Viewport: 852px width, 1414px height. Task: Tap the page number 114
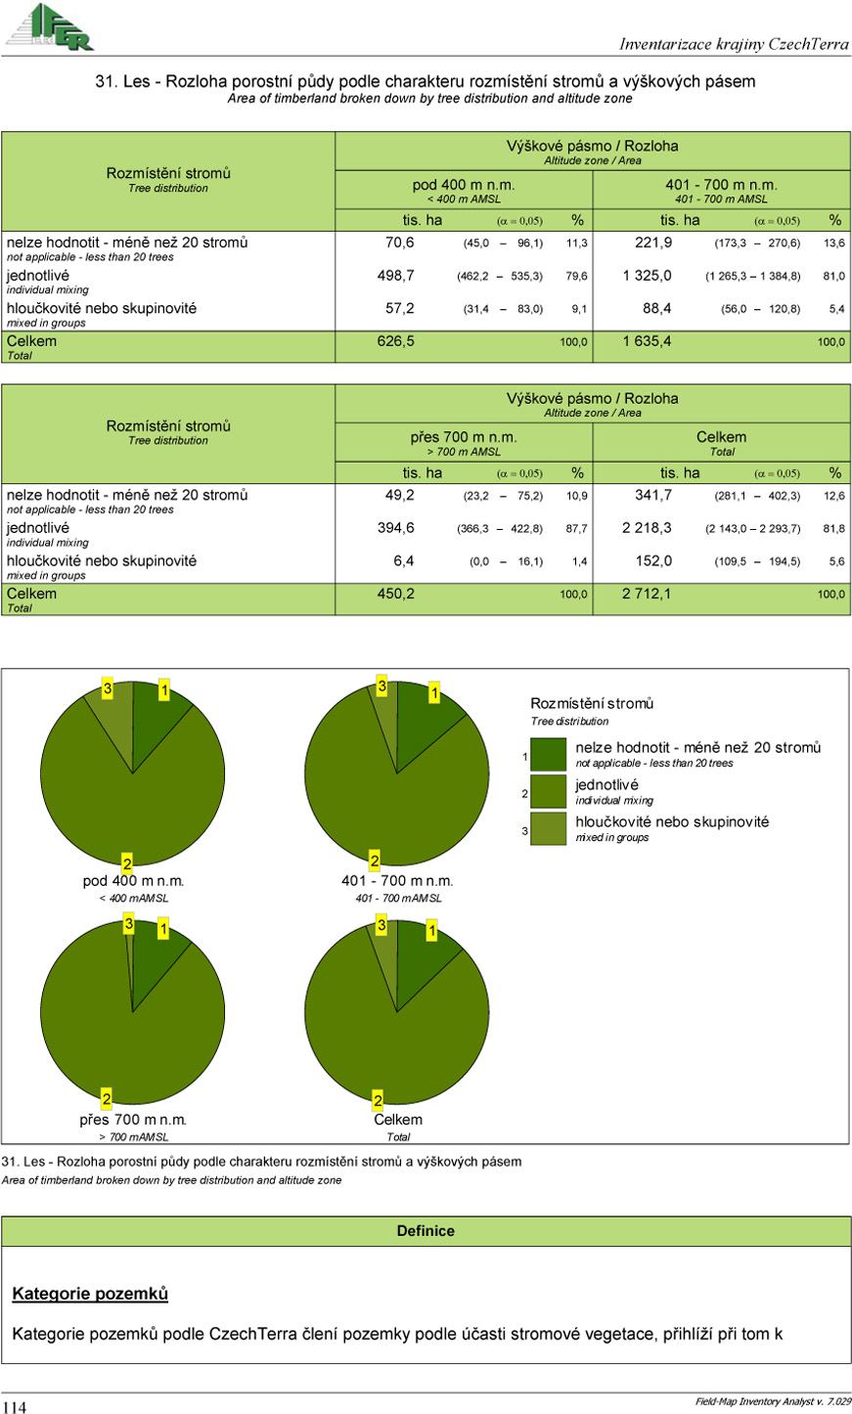pyautogui.click(x=15, y=1406)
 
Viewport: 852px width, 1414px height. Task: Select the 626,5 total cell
pyautogui.click(x=395, y=341)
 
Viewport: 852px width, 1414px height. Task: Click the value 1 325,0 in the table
pyautogui.click(x=647, y=276)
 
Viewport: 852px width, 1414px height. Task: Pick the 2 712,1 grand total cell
pyautogui.click(x=647, y=594)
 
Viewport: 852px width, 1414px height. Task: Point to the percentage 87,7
pyautogui.click(x=577, y=528)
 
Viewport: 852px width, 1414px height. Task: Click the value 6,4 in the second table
pyautogui.click(x=403, y=561)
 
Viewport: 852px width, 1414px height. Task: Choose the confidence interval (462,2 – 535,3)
pyautogui.click(x=500, y=277)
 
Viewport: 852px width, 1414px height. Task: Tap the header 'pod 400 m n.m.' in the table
pyautogui.click(x=464, y=185)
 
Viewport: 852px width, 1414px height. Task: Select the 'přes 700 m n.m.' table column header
pyautogui.click(x=464, y=437)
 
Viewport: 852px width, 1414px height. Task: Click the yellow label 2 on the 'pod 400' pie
pyautogui.click(x=126, y=862)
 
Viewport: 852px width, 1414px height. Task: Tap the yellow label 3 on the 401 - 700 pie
pyautogui.click(x=381, y=687)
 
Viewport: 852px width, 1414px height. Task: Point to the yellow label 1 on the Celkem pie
pyautogui.click(x=431, y=932)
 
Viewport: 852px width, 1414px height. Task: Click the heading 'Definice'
pyautogui.click(x=426, y=1231)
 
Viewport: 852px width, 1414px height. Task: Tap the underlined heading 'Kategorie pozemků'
pyautogui.click(x=90, y=1294)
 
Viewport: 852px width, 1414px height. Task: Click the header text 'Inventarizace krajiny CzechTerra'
pyautogui.click(x=734, y=44)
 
